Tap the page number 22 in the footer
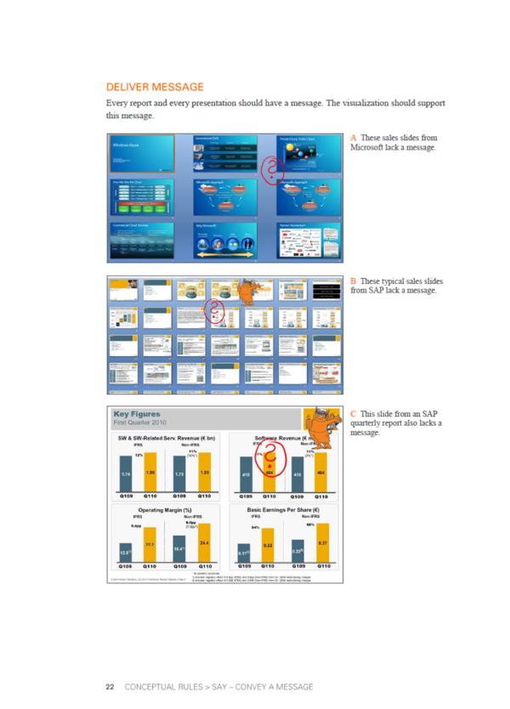click(x=110, y=686)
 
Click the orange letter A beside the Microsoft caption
click(x=353, y=137)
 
